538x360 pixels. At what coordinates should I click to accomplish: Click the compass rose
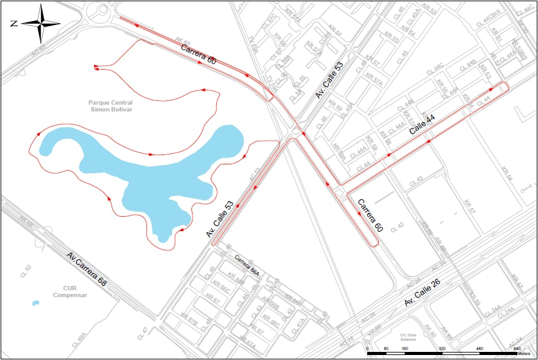(41, 24)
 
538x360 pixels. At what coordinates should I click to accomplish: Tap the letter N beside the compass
(14, 24)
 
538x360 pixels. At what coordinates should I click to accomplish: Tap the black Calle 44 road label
(422, 125)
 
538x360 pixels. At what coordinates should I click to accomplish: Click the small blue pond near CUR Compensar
(36, 303)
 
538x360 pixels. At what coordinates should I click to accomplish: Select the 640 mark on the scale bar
(517, 349)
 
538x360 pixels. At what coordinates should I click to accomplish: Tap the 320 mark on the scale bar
(441, 349)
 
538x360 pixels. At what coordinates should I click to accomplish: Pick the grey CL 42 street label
(397, 227)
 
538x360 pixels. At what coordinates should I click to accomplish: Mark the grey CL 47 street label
(145, 330)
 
